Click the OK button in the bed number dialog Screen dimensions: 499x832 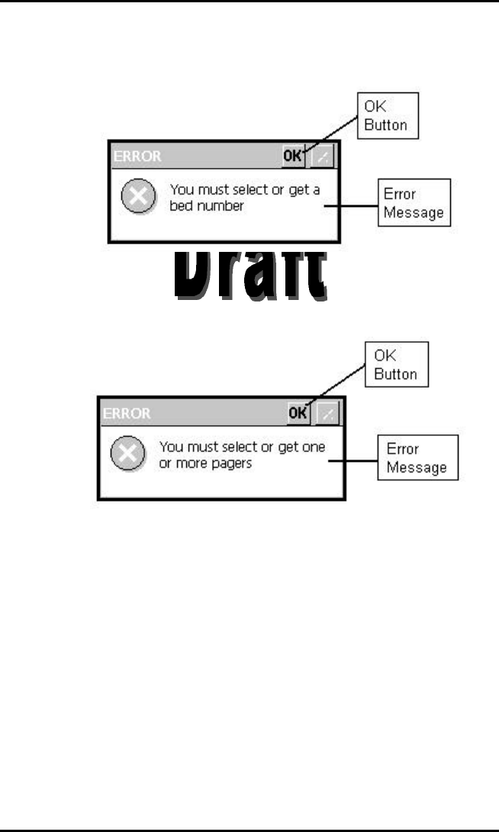[x=293, y=156]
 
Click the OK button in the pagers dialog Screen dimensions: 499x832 [x=298, y=413]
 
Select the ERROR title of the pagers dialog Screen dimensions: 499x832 [x=127, y=414]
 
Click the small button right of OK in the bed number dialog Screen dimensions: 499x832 [x=324, y=156]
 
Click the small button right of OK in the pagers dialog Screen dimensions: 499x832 [x=328, y=413]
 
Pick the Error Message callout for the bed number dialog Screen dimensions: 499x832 [x=415, y=203]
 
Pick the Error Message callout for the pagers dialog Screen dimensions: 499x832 [x=417, y=457]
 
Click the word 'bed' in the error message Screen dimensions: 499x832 [x=180, y=206]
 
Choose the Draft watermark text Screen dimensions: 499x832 [x=250, y=274]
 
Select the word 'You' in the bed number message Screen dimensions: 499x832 [x=182, y=190]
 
